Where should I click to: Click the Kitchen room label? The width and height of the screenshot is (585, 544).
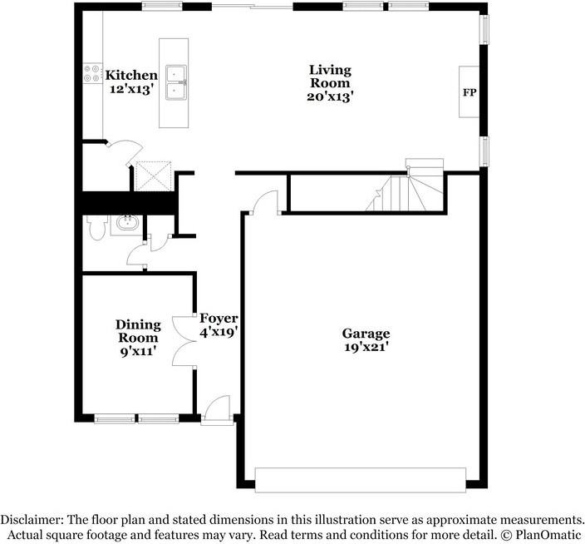pyautogui.click(x=131, y=76)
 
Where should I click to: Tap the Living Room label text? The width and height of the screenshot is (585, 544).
pyautogui.click(x=330, y=77)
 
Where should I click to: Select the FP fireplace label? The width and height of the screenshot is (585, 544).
pyautogui.click(x=469, y=91)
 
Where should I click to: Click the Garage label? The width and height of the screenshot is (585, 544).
pyautogui.click(x=366, y=334)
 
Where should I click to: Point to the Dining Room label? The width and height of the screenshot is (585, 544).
pyautogui.click(x=137, y=331)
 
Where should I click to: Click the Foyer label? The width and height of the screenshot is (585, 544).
pyautogui.click(x=219, y=319)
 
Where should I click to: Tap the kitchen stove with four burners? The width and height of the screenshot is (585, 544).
pyautogui.click(x=88, y=75)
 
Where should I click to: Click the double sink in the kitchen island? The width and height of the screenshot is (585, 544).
pyautogui.click(x=175, y=82)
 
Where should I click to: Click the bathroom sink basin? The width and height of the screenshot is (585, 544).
pyautogui.click(x=127, y=224)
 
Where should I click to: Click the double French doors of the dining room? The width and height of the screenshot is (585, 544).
pyautogui.click(x=181, y=340)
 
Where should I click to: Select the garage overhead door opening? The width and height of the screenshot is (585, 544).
pyautogui.click(x=360, y=480)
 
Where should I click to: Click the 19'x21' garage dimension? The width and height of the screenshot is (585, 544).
pyautogui.click(x=366, y=348)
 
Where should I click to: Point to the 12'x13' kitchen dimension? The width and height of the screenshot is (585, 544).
pyautogui.click(x=131, y=89)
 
